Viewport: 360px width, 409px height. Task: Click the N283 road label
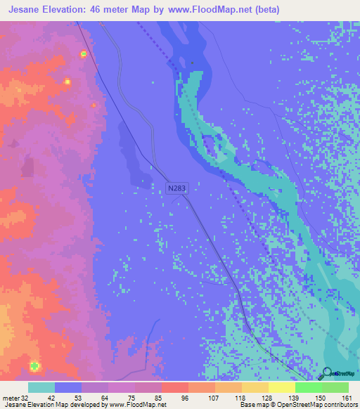click(x=178, y=188)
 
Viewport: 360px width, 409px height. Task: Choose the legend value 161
click(x=347, y=397)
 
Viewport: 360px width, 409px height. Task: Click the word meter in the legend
click(x=11, y=397)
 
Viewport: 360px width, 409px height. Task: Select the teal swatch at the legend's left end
click(x=41, y=387)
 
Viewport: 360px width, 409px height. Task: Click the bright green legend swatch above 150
click(x=308, y=387)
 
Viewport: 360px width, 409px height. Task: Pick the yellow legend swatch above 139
click(x=281, y=387)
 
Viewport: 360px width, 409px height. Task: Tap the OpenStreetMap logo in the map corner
click(x=326, y=372)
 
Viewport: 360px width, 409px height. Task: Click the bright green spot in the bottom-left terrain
click(x=34, y=365)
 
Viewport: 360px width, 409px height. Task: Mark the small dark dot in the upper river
click(x=192, y=63)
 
